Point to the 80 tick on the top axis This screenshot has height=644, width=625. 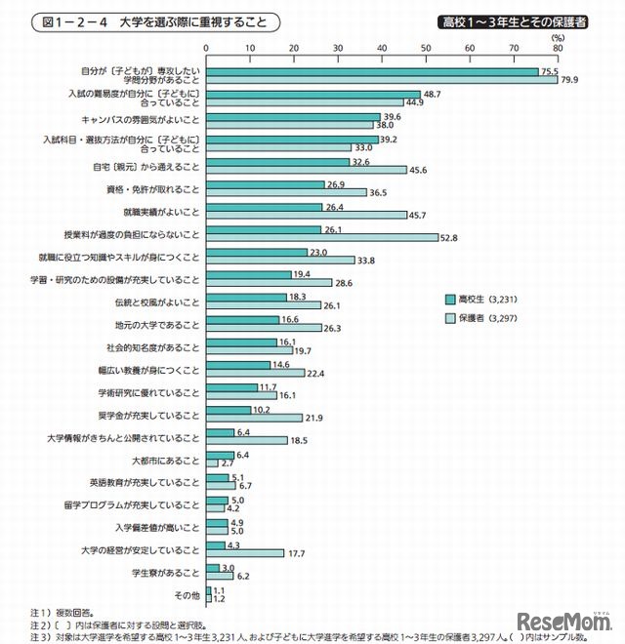coord(558,46)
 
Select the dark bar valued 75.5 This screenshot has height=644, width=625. coord(372,71)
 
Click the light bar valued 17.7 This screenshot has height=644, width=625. coord(245,552)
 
